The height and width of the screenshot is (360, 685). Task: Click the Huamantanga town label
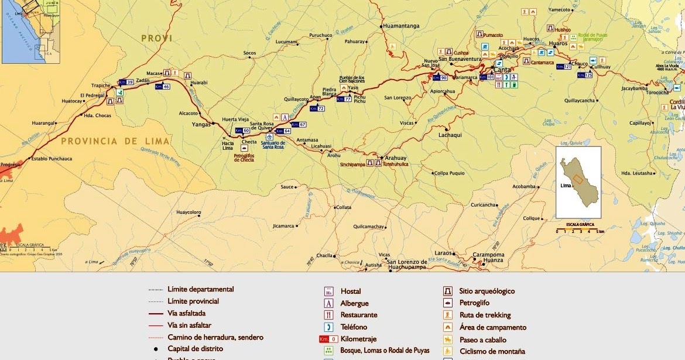point(402,26)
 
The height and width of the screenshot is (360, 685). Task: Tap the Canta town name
point(502,70)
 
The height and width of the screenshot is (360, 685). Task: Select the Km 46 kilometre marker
point(162,87)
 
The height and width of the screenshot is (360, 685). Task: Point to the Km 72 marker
point(317,108)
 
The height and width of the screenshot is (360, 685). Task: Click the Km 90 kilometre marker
point(440,78)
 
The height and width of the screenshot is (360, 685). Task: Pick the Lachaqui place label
point(450,135)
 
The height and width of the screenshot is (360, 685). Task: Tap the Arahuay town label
point(395,158)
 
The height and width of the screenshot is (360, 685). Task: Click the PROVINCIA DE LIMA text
point(116,141)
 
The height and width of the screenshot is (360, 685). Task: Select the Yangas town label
point(201,124)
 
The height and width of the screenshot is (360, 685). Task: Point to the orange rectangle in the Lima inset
point(578,179)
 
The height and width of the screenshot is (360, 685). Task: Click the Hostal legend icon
point(329,292)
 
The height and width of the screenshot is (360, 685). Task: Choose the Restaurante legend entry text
point(359,315)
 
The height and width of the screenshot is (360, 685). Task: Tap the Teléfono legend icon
point(329,327)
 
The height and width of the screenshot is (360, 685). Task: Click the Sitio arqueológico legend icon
point(448,291)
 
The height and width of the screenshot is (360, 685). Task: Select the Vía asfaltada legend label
point(186,313)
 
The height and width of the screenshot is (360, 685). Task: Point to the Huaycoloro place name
point(189,212)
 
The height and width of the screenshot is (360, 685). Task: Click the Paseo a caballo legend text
point(483,340)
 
